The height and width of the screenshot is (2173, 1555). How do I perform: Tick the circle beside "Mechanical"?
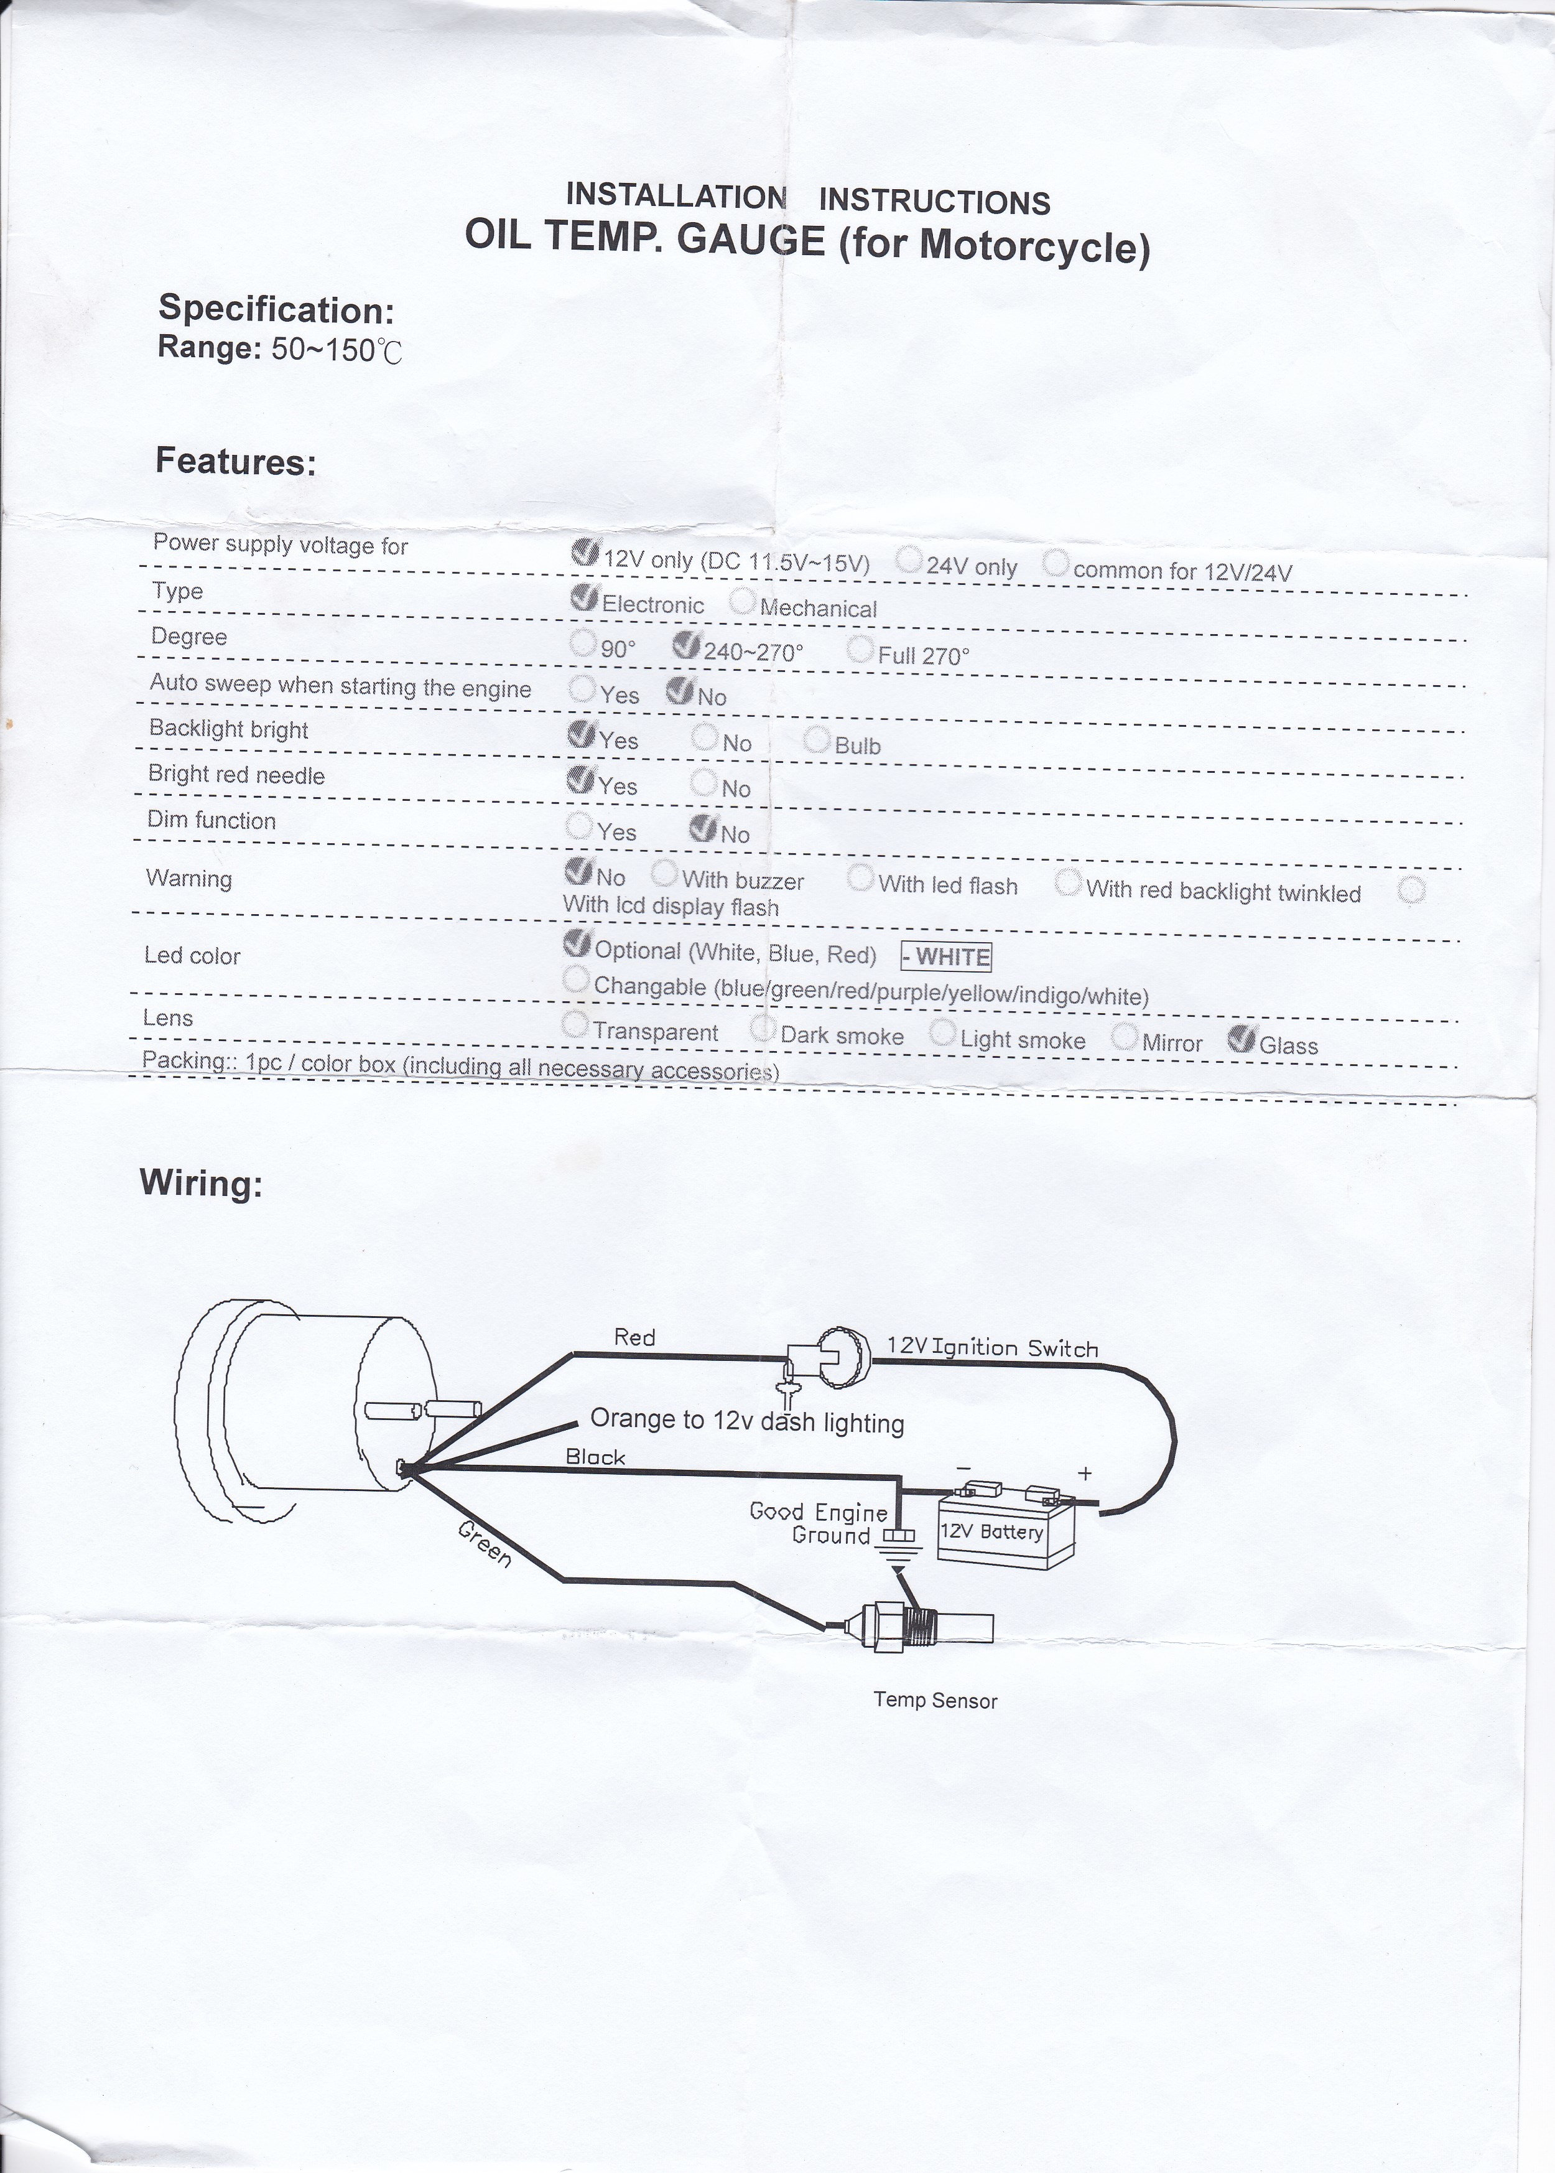click(x=742, y=601)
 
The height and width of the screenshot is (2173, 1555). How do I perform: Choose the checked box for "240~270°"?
click(x=687, y=645)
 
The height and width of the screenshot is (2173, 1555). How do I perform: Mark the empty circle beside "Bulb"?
click(x=817, y=739)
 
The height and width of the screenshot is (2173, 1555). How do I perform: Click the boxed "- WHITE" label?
click(x=946, y=956)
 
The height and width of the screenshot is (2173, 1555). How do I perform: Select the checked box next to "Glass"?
click(x=1242, y=1038)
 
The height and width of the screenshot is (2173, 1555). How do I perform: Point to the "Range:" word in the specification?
click(x=210, y=346)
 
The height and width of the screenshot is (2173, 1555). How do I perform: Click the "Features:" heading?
click(x=236, y=462)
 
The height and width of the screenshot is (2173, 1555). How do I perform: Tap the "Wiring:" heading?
click(x=201, y=1183)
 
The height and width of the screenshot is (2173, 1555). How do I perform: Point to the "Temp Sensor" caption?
click(x=935, y=1701)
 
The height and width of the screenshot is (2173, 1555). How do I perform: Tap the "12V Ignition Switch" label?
click(x=993, y=1347)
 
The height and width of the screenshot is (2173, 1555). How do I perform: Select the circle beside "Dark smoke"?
click(x=763, y=1029)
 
